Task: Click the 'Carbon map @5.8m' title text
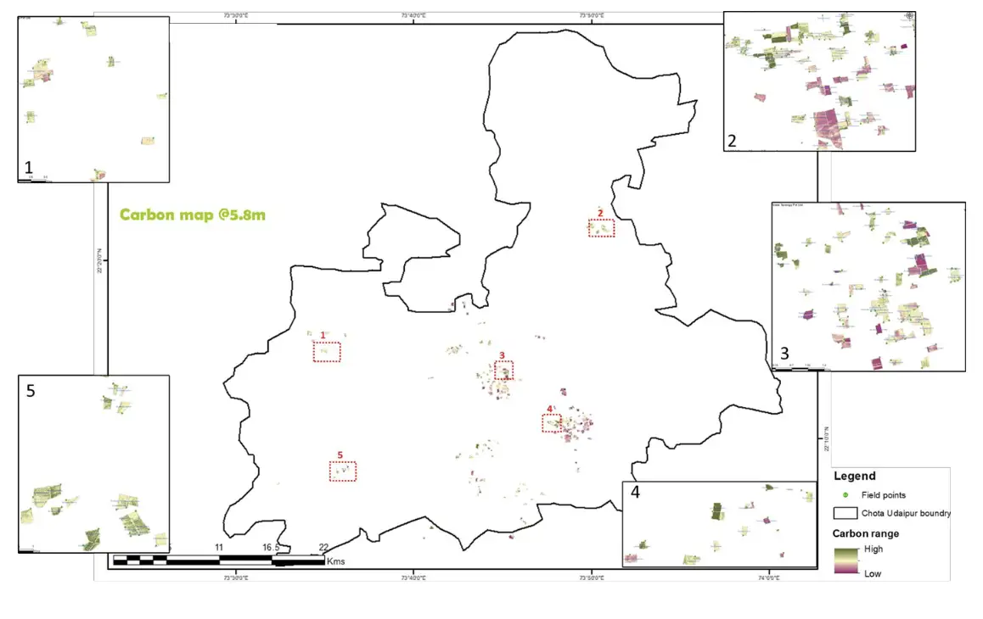(x=192, y=215)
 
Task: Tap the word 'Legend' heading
(x=854, y=477)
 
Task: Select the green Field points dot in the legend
(x=845, y=494)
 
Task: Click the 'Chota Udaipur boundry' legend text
(x=906, y=513)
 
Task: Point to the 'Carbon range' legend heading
(x=866, y=533)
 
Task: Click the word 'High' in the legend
(x=873, y=549)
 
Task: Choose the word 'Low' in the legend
(x=872, y=573)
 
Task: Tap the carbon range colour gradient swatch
(x=846, y=561)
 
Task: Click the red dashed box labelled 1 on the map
(x=327, y=352)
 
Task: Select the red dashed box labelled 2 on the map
(x=601, y=227)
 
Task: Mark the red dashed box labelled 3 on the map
(x=504, y=370)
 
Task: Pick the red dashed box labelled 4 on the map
(x=552, y=422)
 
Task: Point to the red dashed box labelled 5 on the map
(x=343, y=471)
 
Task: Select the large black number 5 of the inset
(x=31, y=391)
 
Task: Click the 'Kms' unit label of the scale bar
(x=335, y=561)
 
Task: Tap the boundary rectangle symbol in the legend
(x=845, y=513)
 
